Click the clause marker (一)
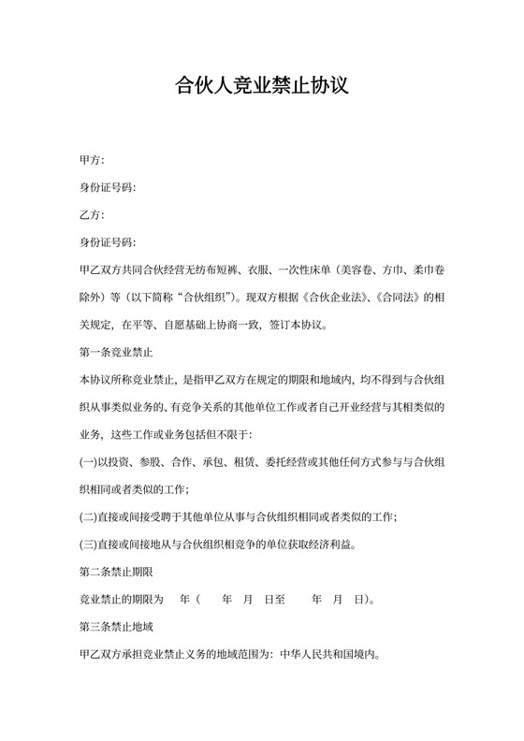tap(90, 461)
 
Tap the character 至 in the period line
tap(280, 597)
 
